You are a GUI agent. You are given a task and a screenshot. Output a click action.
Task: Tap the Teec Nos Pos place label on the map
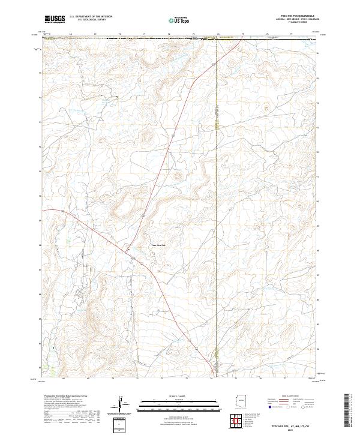click(x=158, y=245)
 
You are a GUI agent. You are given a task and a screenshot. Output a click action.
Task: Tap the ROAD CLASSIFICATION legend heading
click(x=292, y=397)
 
